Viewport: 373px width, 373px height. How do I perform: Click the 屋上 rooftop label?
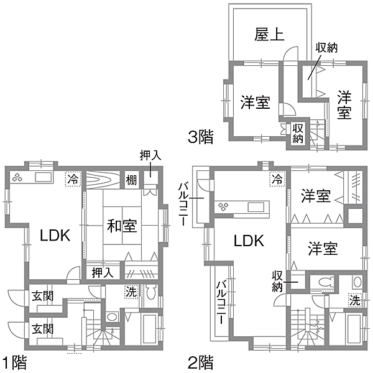[x=269, y=34]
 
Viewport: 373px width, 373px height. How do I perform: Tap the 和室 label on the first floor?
[x=122, y=226]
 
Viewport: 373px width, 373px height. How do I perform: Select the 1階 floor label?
[x=14, y=362]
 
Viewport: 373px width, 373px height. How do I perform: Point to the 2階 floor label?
[x=201, y=362]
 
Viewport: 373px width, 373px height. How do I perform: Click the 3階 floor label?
[x=201, y=137]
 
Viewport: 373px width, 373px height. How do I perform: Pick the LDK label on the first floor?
[x=55, y=235]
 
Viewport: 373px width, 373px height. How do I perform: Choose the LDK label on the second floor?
[x=249, y=241]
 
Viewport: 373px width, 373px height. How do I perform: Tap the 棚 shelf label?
[x=132, y=180]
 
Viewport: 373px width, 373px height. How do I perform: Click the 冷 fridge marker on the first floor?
[x=73, y=179]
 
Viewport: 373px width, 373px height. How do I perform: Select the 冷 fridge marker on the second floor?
[x=277, y=178]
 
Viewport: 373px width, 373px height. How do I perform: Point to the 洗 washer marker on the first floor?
[x=131, y=292]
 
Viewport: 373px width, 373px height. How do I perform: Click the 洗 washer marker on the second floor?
[x=355, y=301]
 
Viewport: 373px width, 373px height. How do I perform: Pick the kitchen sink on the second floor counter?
[x=256, y=207]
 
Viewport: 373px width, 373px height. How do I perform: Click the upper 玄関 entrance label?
[x=42, y=297]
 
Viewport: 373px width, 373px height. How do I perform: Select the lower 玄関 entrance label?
[x=42, y=329]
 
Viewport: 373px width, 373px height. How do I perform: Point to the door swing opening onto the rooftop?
[x=290, y=53]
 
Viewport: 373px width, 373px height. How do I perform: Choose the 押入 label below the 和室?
[x=103, y=273]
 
